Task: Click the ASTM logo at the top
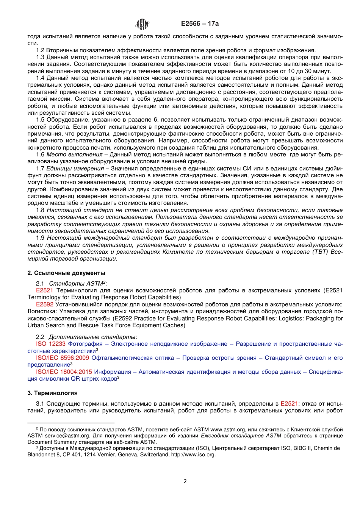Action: pos(142,24)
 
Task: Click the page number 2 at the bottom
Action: pos(185,481)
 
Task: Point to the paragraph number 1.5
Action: pos(40,120)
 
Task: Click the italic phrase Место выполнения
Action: pos(74,155)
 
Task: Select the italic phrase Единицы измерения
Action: pos(75,169)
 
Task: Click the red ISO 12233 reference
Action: pos(51,344)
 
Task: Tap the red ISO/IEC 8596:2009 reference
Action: pos(63,358)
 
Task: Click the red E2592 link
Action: pos(44,304)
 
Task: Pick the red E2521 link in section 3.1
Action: pos(289,404)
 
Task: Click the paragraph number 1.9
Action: pos(40,238)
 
